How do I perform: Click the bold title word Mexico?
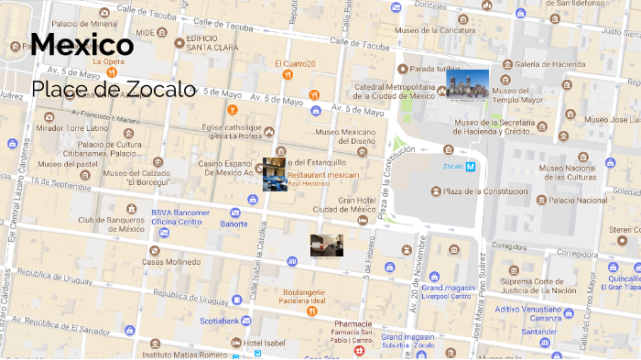pos(82,45)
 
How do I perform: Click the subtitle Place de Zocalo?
pos(113,89)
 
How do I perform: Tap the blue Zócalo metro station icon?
pos(470,167)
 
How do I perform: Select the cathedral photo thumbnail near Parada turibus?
pos(467,85)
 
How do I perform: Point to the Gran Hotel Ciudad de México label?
pos(344,204)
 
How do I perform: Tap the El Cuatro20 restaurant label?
pos(295,63)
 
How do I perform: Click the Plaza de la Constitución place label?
pos(485,191)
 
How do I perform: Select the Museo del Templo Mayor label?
pos(518,95)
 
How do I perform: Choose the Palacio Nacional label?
pos(578,200)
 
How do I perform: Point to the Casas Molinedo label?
pos(171,262)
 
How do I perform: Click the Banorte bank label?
pos(234,224)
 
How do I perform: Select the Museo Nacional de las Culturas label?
pos(580,171)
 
